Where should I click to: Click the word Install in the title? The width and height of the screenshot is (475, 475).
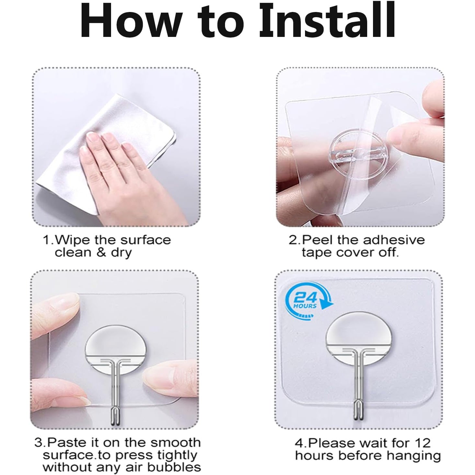tap(327, 20)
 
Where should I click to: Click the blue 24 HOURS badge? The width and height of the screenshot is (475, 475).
tap(308, 302)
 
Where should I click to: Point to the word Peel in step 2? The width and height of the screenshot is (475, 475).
tap(318, 240)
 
